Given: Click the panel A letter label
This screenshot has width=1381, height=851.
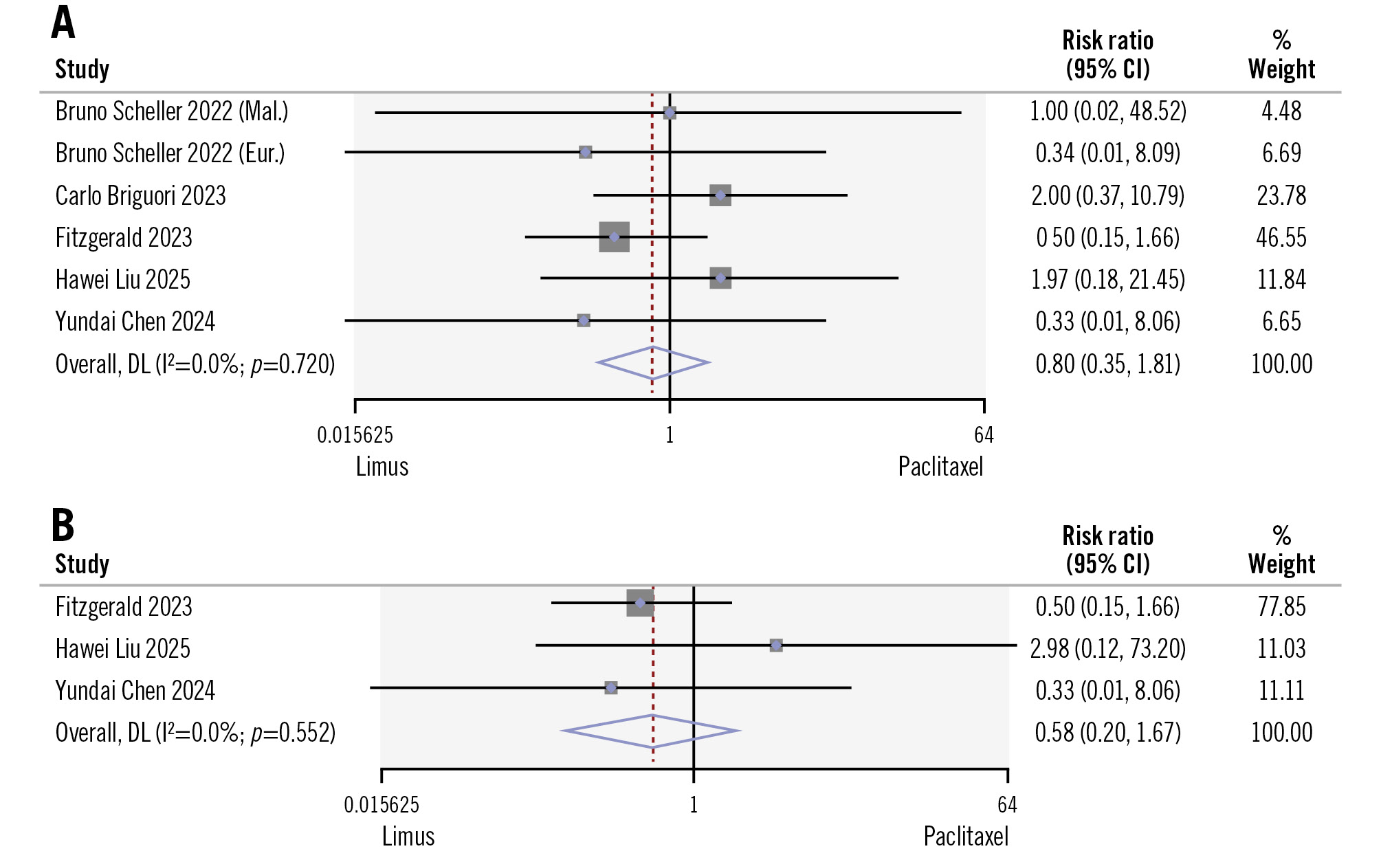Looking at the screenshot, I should tap(63, 23).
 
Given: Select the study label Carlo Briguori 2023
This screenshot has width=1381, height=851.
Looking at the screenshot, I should tap(140, 196).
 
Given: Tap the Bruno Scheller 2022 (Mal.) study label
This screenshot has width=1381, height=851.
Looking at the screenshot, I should tap(172, 111).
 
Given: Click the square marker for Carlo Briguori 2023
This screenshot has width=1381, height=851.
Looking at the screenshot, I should tap(720, 195).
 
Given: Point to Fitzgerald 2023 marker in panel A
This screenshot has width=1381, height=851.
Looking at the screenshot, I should tap(614, 237).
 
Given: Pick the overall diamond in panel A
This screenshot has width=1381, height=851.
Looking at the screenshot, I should tap(653, 363).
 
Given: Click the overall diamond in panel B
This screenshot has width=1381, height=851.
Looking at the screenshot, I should tap(651, 731).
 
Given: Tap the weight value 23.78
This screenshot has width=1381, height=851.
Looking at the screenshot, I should tap(1281, 196).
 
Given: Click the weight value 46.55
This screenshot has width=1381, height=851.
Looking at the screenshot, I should tap(1281, 238).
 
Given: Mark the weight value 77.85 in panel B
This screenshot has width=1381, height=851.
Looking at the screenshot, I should tap(1281, 607).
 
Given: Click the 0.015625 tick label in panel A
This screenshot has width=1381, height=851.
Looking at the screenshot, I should tap(355, 435).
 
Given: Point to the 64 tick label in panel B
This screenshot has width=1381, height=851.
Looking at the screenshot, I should tap(1007, 805).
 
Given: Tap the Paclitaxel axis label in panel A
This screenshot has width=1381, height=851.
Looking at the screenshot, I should tap(940, 467).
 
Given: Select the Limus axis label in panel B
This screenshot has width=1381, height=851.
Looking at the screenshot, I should tap(408, 837).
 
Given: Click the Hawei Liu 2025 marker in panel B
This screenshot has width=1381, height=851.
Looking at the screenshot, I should tap(776, 645).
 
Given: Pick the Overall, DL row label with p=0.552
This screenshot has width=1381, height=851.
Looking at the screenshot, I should tap(195, 733).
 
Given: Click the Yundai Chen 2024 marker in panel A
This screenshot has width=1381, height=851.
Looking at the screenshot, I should tap(584, 320).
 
